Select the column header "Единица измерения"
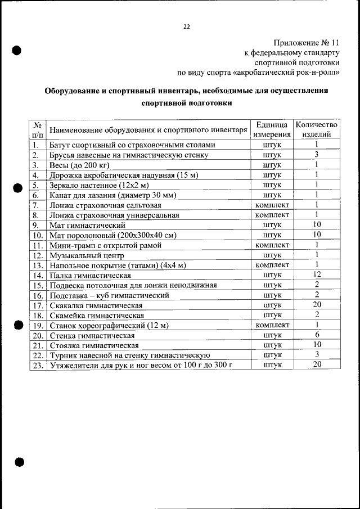tap(272, 129)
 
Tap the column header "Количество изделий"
tap(317, 129)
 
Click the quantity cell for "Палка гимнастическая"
tap(317, 274)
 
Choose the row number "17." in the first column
tap(38, 305)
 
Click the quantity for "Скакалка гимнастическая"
tap(317, 305)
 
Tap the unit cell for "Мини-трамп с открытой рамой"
tap(272, 245)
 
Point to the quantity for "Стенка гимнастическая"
tap(317, 335)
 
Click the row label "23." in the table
tap(38, 365)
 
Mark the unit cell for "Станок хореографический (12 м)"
tap(272, 325)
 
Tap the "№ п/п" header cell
tap(38, 129)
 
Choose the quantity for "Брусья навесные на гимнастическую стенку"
tap(317, 155)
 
